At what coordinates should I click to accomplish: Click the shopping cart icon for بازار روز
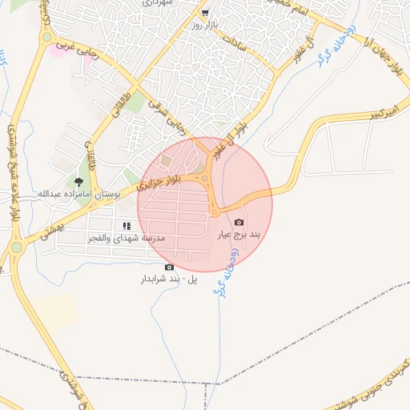tap(206, 13)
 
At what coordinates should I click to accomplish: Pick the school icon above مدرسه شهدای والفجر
tap(127, 227)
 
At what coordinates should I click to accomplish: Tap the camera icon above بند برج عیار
tap(239, 222)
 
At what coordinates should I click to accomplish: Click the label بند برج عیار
tap(239, 235)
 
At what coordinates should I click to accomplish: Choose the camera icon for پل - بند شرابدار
tap(168, 267)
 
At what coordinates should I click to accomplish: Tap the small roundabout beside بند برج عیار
tap(215, 211)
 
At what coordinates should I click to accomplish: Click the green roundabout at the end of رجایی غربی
tap(46, 37)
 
